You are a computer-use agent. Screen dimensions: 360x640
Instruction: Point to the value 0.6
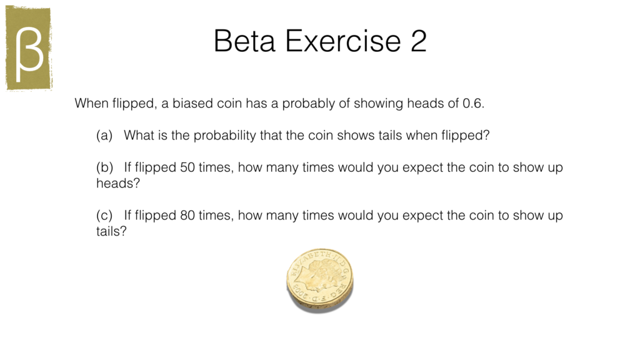[473, 104]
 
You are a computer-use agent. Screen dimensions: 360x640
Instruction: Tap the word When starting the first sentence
[89, 104]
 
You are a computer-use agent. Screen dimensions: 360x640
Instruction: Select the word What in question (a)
[137, 136]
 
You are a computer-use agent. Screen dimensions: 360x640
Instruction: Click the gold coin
[319, 279]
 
